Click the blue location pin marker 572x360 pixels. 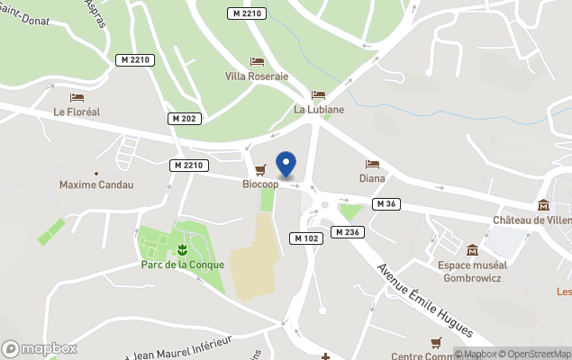[x=286, y=163]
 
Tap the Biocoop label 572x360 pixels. [x=260, y=184]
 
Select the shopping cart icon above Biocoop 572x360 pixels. [x=260, y=169]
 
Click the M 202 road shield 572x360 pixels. [x=184, y=119]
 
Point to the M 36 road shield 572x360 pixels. [x=386, y=203]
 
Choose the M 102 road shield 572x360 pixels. [x=307, y=238]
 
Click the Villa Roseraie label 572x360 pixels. [x=257, y=76]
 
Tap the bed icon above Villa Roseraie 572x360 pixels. [x=257, y=62]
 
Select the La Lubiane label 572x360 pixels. [x=319, y=110]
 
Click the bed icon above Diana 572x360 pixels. [x=372, y=164]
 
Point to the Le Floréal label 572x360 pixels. [x=77, y=112]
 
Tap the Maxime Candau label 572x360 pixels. [x=96, y=184]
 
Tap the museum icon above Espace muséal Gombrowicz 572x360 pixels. [x=472, y=249]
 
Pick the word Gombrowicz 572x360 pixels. [x=472, y=277]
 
